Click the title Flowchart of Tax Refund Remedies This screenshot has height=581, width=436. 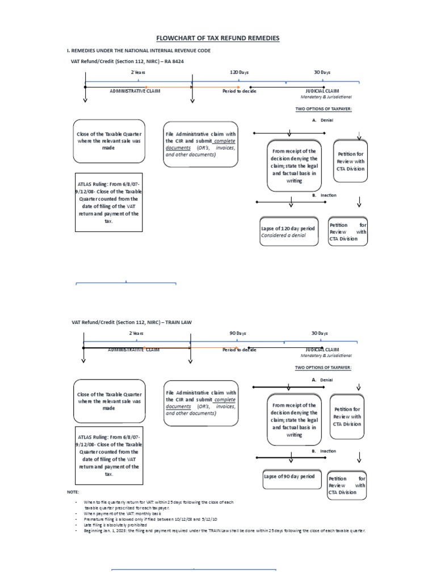point(218,38)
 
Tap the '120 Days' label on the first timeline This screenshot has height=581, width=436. point(239,73)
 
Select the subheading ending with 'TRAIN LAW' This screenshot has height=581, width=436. point(132,322)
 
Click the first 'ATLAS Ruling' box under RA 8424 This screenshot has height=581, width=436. point(108,203)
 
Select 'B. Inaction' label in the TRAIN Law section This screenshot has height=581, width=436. point(324,451)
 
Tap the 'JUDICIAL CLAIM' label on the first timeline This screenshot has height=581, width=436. point(322,91)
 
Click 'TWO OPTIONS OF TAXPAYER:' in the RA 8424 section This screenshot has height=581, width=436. point(324,109)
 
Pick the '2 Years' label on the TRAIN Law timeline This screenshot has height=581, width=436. point(137,333)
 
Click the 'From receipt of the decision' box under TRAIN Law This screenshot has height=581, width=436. point(294,420)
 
